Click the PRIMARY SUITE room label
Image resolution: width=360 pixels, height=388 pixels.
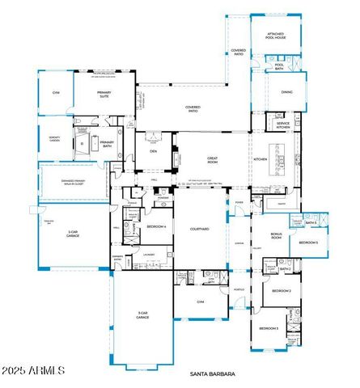(104, 92)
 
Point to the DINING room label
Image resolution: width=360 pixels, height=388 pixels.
(287, 92)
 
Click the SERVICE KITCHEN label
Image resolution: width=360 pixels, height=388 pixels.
(282, 125)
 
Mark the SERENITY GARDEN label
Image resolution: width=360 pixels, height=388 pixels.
(54, 138)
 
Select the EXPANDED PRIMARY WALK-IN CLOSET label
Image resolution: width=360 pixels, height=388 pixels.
(73, 183)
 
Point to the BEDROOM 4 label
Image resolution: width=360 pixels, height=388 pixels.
(156, 227)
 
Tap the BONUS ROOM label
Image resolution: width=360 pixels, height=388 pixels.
(277, 236)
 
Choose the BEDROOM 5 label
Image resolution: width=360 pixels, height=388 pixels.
(308, 242)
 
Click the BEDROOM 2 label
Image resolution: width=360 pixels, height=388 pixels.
(281, 290)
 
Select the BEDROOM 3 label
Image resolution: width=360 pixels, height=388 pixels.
(269, 329)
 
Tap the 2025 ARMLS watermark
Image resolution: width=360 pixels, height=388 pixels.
(34, 370)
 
